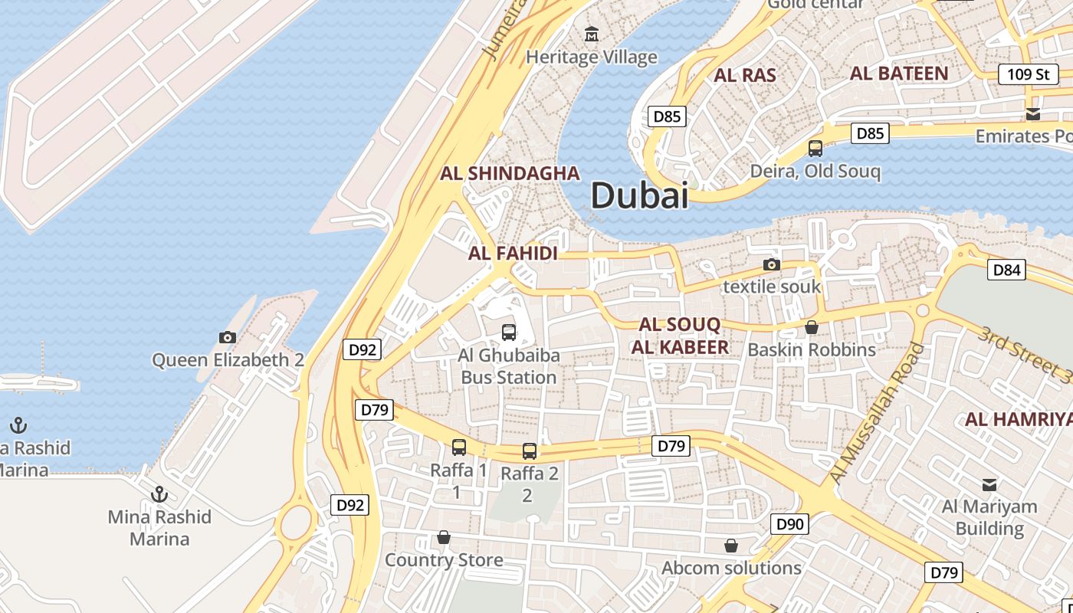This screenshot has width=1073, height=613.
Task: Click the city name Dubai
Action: coord(639,196)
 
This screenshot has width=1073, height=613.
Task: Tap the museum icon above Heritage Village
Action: coord(592,34)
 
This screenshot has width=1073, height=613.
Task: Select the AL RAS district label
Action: coord(745,75)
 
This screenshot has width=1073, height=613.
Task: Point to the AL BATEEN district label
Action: coord(899,74)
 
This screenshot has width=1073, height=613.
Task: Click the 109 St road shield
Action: coord(1028,74)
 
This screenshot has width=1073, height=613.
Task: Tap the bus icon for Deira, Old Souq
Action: coord(815,149)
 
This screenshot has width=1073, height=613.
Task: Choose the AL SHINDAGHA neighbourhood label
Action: coord(510,173)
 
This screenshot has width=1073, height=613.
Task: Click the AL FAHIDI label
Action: coord(513,253)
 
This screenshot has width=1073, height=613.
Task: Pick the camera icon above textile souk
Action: coord(772,265)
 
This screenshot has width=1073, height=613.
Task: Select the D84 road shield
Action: coord(1006,270)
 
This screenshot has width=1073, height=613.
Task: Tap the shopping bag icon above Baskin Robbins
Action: coord(812,328)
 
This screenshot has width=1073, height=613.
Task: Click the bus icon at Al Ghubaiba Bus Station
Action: coord(508,333)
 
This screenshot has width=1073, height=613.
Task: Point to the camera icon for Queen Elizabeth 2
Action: coord(228,337)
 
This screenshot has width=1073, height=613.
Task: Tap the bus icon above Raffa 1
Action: coord(458,447)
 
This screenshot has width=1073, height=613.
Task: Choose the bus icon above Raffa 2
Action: coord(529,451)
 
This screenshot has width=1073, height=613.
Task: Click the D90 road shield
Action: coord(789,524)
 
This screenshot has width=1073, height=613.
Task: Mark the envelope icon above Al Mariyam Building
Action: coord(989,484)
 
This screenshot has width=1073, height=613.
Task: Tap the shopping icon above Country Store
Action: coord(443,538)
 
